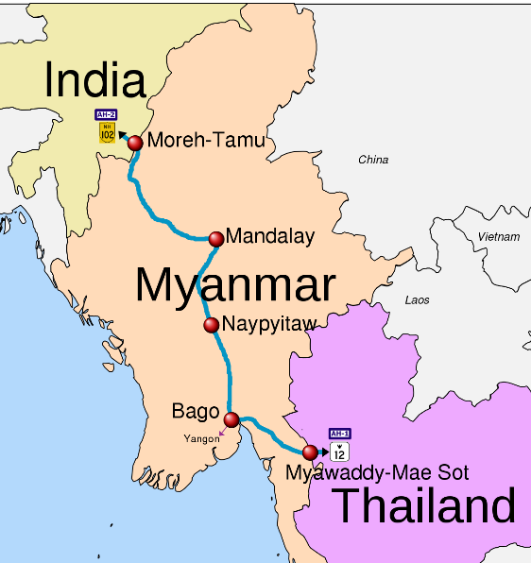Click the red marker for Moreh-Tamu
135,143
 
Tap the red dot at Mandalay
216,237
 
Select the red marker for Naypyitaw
212,325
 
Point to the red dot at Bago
231,418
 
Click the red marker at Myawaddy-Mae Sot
310,452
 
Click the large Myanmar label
235,283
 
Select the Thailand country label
425,506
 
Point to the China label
373,160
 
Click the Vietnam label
499,236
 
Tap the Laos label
417,300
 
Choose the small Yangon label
201,438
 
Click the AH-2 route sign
107,114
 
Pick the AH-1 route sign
340,434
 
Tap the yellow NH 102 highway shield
107,132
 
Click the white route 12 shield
340,452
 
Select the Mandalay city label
270,237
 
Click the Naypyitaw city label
269,325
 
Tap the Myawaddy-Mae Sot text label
378,472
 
